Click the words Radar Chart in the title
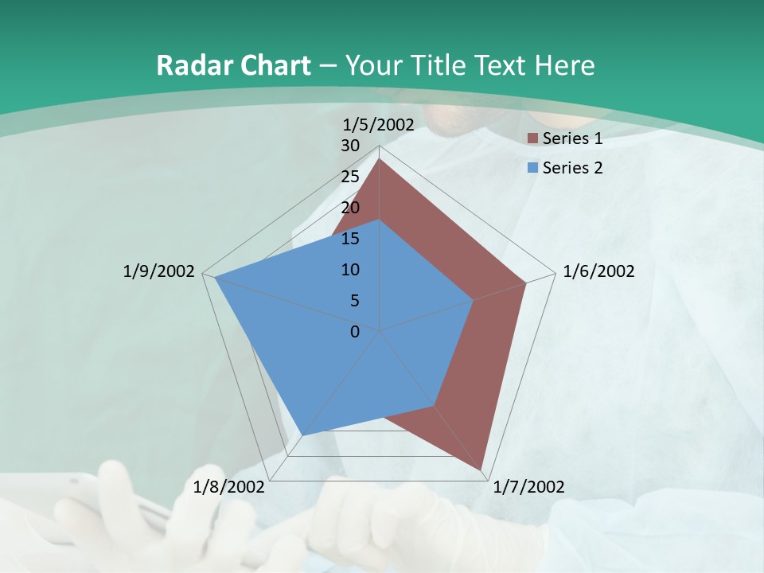coord(233,65)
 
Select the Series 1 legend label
coord(572,138)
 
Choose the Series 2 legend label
coord(572,168)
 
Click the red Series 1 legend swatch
coord(534,139)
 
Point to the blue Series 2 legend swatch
coord(534,169)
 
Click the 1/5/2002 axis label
coord(379,124)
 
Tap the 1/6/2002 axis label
coord(598,271)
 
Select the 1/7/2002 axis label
coord(528,486)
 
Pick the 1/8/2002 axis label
coord(229,486)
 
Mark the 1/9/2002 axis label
coord(158,271)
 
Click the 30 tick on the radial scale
coord(350,146)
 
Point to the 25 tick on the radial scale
coord(350,177)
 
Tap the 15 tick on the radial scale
coord(350,239)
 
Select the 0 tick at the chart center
coord(355,332)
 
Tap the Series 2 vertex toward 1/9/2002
coord(215,278)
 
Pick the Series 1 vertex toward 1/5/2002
coord(380,159)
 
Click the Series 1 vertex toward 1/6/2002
coord(526,283)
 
